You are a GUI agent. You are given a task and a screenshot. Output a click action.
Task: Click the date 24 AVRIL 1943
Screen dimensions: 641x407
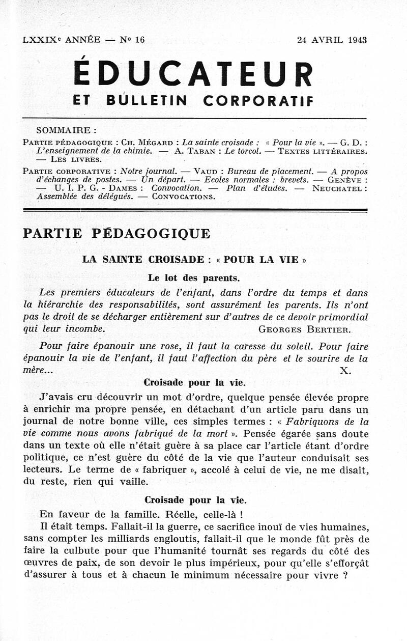click(x=332, y=40)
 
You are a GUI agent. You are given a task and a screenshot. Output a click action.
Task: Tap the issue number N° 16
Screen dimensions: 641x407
click(x=132, y=40)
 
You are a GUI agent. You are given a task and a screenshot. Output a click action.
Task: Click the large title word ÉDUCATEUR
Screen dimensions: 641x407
click(x=193, y=74)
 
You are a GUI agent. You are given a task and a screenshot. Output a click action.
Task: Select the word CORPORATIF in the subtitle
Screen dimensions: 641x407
click(x=258, y=101)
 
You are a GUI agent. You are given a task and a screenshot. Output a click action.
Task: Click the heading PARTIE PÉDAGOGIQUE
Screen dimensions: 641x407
click(x=117, y=233)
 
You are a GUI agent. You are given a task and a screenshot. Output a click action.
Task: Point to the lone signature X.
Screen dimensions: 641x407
click(x=345, y=371)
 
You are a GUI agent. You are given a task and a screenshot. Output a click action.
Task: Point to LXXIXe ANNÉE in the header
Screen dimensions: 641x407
click(x=61, y=40)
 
